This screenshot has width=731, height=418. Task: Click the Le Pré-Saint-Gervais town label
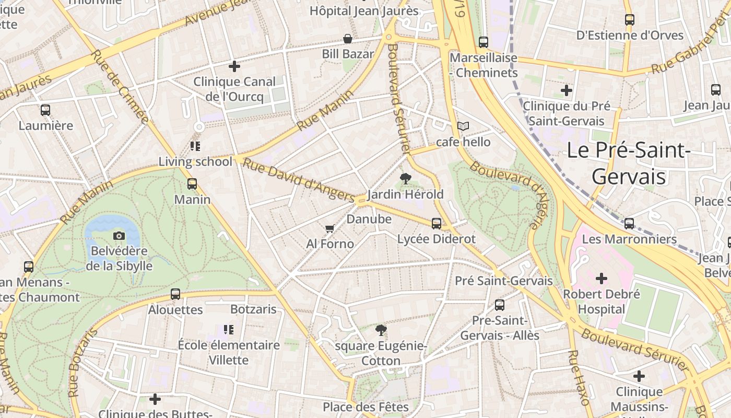(x=629, y=164)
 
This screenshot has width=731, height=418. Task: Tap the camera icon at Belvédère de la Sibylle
(x=119, y=236)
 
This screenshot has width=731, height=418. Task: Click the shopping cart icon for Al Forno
(x=329, y=229)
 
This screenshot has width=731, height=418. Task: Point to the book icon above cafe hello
(x=463, y=126)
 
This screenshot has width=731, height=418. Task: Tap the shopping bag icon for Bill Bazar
(x=347, y=39)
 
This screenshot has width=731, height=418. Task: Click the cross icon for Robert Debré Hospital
(x=602, y=278)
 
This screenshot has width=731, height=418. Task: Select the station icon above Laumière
(x=45, y=110)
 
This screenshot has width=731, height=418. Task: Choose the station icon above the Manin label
(x=192, y=184)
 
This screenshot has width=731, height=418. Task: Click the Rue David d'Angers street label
(x=299, y=180)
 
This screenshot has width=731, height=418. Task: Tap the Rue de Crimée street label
(x=119, y=86)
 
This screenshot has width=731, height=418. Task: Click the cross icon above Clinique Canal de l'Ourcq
(x=234, y=66)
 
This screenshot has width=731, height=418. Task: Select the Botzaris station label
(x=253, y=309)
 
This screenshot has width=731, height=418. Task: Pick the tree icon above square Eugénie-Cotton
(x=381, y=330)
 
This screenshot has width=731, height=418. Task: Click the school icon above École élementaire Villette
(x=229, y=330)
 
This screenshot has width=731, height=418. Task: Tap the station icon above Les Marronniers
(x=629, y=224)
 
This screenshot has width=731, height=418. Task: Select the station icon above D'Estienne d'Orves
(x=630, y=20)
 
